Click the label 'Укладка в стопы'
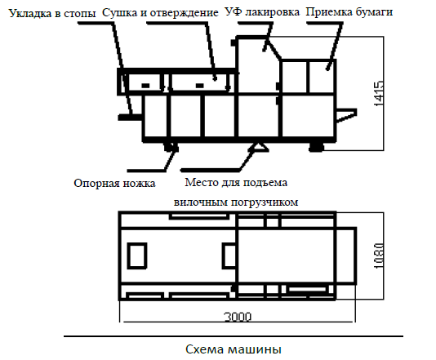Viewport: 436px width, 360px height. click(52, 13)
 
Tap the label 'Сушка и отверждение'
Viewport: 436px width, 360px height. click(160, 12)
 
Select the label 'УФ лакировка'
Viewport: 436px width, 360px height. click(262, 12)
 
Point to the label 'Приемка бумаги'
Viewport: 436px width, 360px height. click(349, 12)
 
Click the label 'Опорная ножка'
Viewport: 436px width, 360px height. click(114, 183)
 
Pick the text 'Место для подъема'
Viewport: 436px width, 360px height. click(236, 183)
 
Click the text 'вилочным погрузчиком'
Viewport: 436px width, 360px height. click(236, 202)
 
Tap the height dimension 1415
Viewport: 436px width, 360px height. click(379, 93)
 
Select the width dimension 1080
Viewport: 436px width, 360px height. click(379, 256)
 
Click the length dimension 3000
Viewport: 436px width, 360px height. click(238, 317)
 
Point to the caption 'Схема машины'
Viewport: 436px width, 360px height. click(234, 349)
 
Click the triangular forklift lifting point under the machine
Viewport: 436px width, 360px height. click(258, 147)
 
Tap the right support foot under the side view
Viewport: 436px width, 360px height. click(317, 147)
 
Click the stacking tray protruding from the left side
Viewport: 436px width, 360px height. click(130, 118)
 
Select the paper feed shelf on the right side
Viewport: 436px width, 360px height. click(346, 115)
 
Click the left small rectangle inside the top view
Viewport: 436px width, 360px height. click(137, 256)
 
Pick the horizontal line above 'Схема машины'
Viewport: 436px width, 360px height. click(234, 336)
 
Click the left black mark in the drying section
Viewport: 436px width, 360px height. click(145, 86)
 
